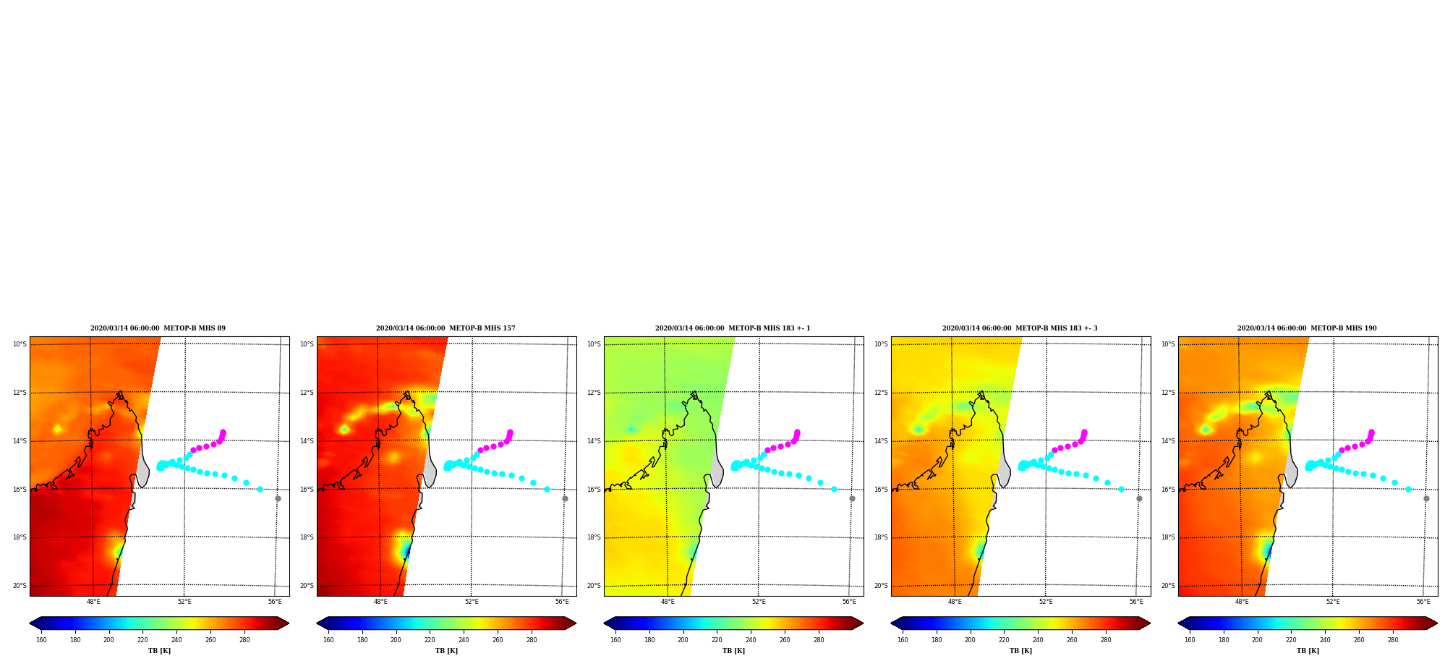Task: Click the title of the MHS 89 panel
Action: tap(158, 328)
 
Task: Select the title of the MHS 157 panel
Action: tap(446, 328)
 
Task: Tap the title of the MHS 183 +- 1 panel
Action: tap(733, 328)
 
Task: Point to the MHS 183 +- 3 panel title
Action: tap(1020, 328)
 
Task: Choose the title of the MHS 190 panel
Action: tap(1307, 328)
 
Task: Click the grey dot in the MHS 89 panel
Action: tap(278, 498)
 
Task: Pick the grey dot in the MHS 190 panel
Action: tap(1426, 498)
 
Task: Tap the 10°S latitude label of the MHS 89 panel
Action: tap(20, 344)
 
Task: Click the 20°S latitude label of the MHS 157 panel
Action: tap(307, 586)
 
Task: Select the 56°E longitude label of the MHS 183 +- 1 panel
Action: tap(849, 602)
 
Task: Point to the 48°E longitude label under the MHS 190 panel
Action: tap(1242, 602)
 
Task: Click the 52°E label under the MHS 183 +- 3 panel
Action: tap(1046, 602)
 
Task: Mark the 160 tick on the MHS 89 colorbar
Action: tap(41, 639)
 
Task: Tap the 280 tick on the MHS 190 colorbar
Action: tap(1393, 639)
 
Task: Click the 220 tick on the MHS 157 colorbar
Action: tap(430, 639)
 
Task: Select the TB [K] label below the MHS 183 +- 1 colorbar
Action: tap(733, 651)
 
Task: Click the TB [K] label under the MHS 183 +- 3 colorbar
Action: tap(1020, 651)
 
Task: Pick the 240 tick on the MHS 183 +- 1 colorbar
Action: tap(751, 639)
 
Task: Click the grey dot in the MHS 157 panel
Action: tap(565, 498)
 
